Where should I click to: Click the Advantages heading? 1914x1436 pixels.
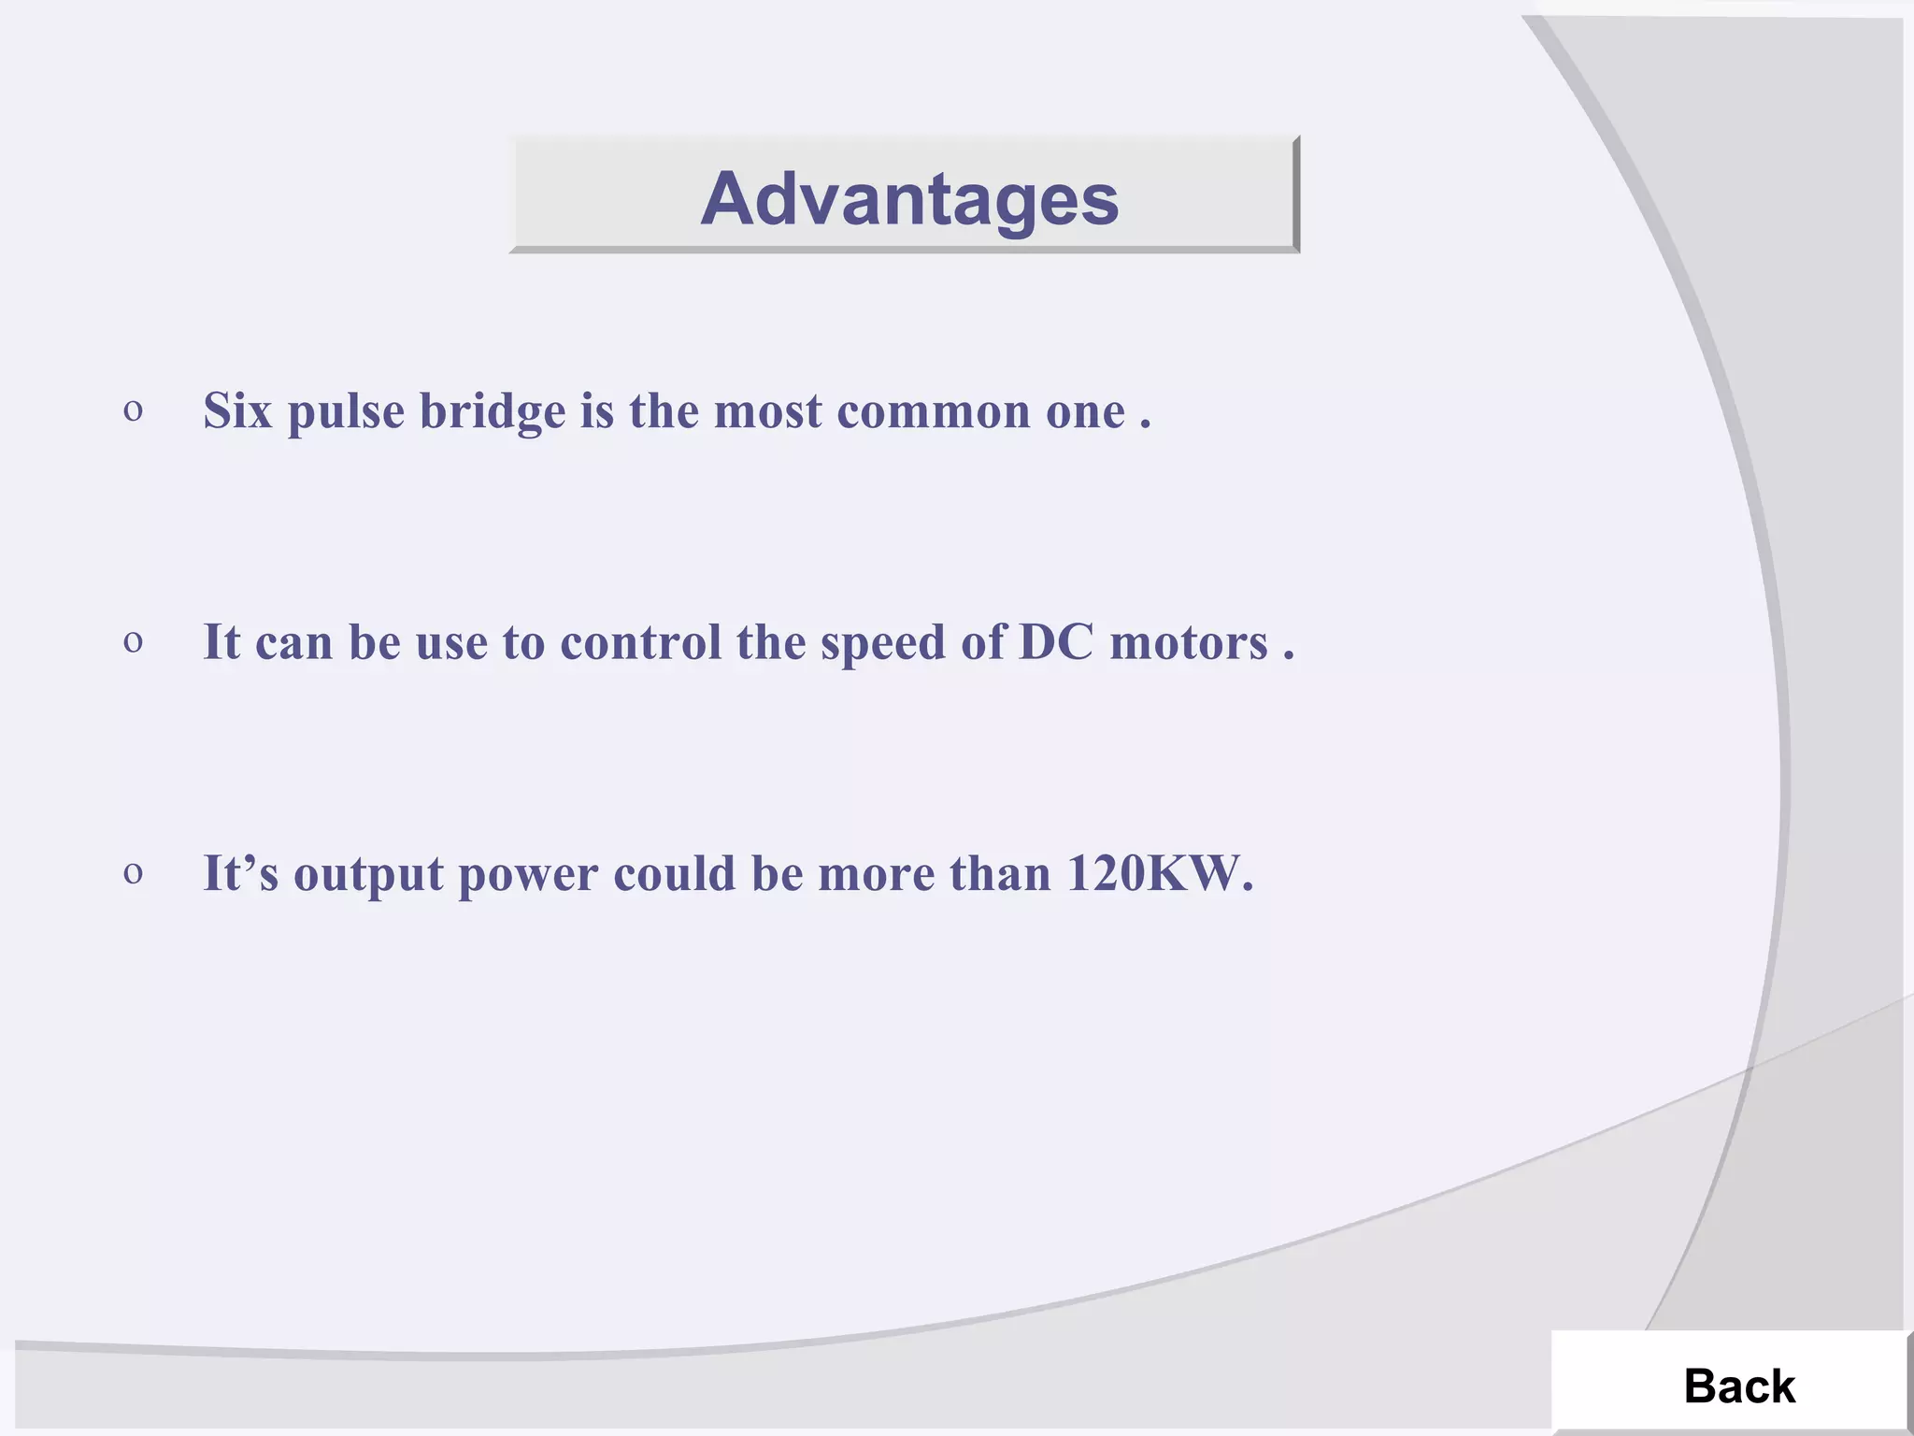click(909, 199)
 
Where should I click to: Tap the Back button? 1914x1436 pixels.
click(1738, 1386)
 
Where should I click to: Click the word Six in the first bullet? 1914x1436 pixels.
click(237, 410)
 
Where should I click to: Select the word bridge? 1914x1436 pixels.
click(492, 411)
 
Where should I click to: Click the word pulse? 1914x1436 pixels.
click(346, 412)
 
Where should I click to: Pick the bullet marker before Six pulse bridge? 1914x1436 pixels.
click(133, 411)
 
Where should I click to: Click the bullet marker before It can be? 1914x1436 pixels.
click(133, 642)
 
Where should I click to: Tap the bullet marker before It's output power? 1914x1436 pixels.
click(133, 873)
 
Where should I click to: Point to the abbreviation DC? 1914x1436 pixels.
click(1055, 642)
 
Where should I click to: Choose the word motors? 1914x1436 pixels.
click(1188, 643)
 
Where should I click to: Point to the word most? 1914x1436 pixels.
click(767, 411)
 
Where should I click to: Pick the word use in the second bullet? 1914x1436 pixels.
click(451, 643)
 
